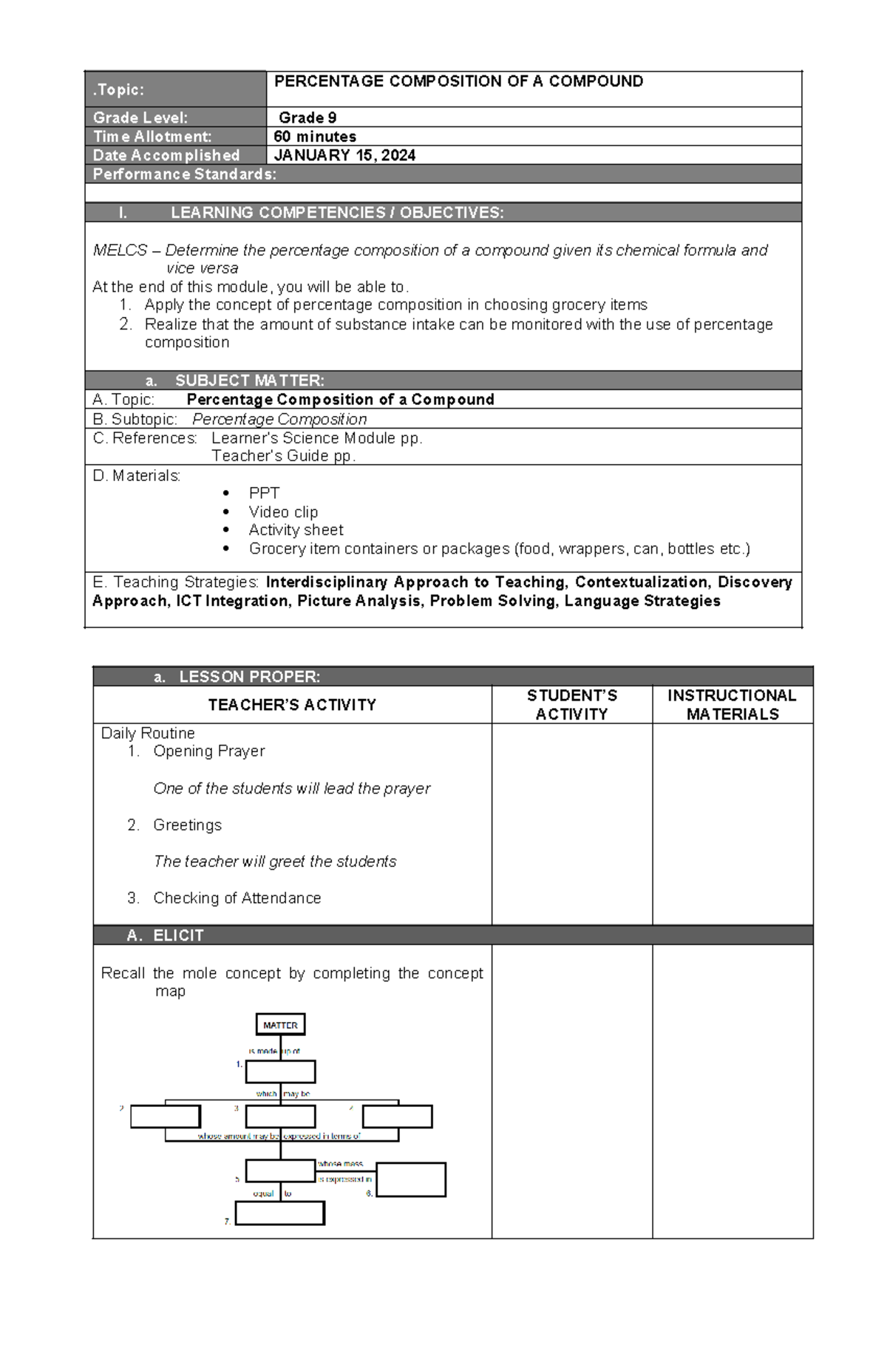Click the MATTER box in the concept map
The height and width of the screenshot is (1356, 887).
280,1024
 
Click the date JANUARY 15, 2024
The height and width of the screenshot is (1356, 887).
344,155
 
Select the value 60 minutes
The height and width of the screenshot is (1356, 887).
315,137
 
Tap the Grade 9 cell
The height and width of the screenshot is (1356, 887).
307,117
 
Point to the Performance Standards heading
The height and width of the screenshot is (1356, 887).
185,174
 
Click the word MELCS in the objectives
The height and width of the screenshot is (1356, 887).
120,251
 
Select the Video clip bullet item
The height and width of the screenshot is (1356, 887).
283,511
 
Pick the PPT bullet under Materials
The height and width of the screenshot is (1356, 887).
264,493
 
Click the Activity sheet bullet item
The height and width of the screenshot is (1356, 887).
296,530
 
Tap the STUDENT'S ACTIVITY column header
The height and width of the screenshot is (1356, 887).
571,704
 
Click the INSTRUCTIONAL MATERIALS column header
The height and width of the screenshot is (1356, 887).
732,704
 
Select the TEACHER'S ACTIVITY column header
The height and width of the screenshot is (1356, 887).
292,705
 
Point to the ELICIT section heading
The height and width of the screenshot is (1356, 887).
177,936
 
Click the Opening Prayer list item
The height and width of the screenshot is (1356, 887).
208,751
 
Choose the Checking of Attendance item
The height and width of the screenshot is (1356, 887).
237,898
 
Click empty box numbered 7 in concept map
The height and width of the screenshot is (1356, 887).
279,1213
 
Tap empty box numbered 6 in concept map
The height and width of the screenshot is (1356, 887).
411,1179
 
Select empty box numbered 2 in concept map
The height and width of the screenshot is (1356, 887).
165,1116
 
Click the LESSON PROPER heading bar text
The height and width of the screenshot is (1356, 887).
249,677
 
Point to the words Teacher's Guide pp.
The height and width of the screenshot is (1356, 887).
283,456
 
